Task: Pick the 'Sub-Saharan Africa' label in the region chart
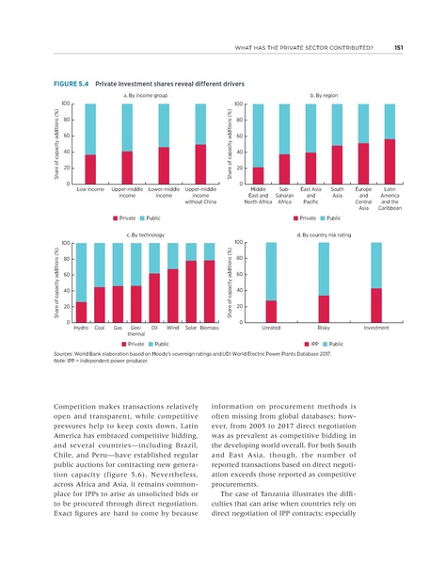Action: click(285, 195)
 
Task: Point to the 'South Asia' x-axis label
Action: click(338, 192)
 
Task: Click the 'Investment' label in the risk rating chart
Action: click(376, 328)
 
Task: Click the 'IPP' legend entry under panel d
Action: click(316, 346)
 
